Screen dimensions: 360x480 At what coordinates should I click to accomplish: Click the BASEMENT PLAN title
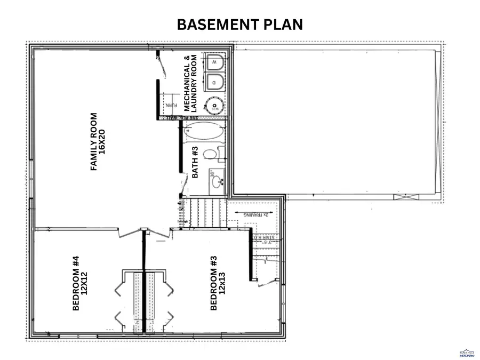(x=239, y=25)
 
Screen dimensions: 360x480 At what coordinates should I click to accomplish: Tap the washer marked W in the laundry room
(x=214, y=63)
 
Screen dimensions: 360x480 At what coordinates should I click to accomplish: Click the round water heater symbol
(x=215, y=106)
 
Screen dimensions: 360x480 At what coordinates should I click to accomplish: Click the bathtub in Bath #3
(x=202, y=131)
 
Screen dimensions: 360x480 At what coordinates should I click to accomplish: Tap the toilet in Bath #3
(x=212, y=155)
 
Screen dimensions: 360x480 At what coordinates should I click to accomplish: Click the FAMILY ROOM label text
(x=94, y=141)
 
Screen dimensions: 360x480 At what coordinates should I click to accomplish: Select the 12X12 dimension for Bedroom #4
(x=84, y=283)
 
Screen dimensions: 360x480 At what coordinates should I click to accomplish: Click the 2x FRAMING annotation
(x=255, y=215)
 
